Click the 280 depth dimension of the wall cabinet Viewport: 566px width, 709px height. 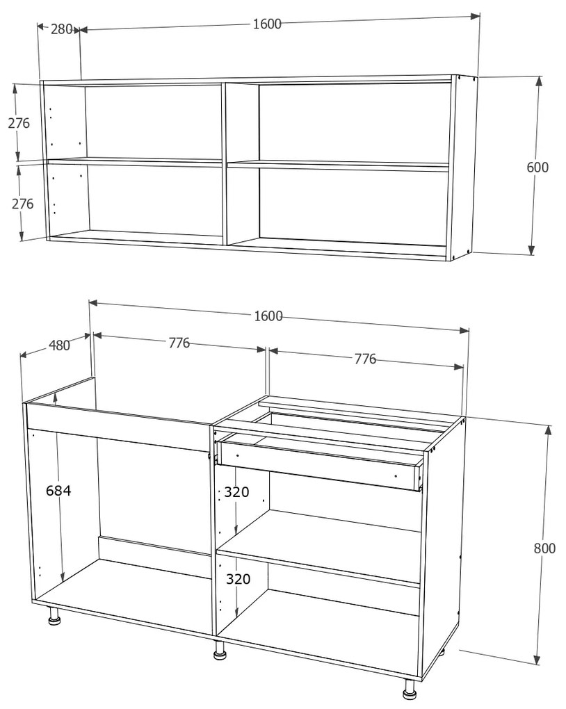tap(62, 29)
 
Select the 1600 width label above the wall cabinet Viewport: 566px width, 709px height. tap(267, 24)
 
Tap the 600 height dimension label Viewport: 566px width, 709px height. tap(537, 168)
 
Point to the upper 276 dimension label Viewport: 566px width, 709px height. tap(19, 124)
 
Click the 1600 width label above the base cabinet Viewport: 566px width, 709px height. tap(268, 316)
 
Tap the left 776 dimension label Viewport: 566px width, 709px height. tap(179, 343)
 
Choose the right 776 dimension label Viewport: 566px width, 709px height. tap(365, 359)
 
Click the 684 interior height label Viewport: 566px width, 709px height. tap(58, 491)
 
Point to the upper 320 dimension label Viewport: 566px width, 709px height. tap(236, 492)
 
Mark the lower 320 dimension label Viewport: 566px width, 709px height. tap(236, 579)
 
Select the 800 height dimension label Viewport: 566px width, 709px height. tap(544, 548)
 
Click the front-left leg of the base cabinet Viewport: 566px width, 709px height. tap(53, 617)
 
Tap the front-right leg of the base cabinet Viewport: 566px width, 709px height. tap(409, 689)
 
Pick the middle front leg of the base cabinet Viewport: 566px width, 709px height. tap(220, 651)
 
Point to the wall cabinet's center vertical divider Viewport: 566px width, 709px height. tap(224, 163)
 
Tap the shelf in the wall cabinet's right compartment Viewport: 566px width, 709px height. tap(338, 166)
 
